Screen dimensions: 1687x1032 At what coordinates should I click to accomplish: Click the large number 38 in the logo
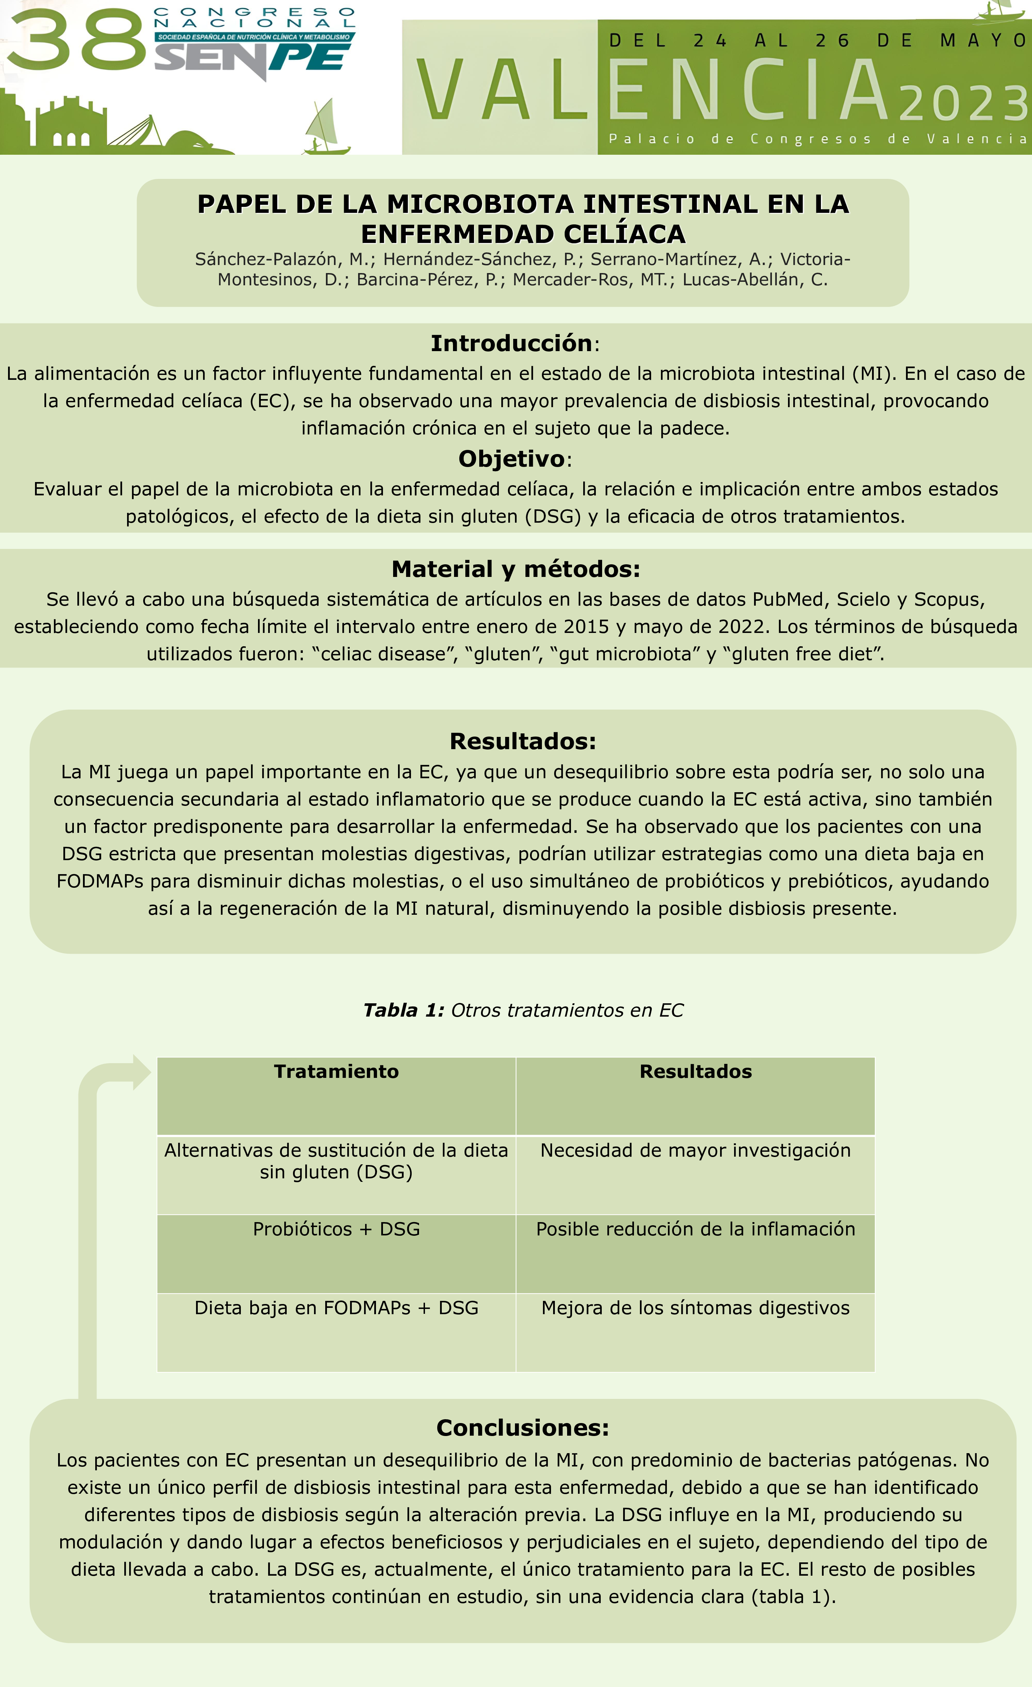point(75,40)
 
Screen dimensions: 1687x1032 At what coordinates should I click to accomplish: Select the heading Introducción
point(511,343)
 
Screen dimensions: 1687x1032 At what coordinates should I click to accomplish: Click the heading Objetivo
point(511,459)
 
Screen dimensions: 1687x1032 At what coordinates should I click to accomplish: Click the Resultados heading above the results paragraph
point(523,741)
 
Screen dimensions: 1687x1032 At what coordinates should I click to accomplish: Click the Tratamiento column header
point(336,1072)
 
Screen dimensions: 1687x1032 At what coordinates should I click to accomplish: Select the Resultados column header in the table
point(695,1072)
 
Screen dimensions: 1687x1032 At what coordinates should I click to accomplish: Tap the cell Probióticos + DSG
point(336,1229)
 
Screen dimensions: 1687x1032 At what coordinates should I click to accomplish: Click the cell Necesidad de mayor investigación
point(695,1150)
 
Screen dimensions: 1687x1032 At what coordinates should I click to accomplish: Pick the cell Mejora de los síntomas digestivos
point(695,1308)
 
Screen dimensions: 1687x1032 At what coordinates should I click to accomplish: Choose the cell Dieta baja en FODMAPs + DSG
point(336,1308)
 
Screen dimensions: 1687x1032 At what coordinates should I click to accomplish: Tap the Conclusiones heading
point(523,1428)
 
